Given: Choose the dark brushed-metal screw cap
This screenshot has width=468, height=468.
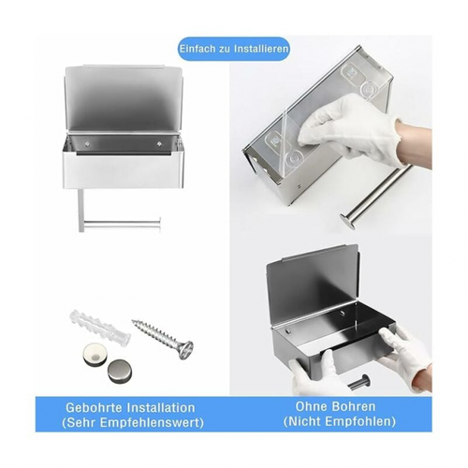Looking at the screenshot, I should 121,368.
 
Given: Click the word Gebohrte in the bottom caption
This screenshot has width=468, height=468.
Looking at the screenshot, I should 92,408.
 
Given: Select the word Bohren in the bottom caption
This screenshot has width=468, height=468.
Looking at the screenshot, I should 358,408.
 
